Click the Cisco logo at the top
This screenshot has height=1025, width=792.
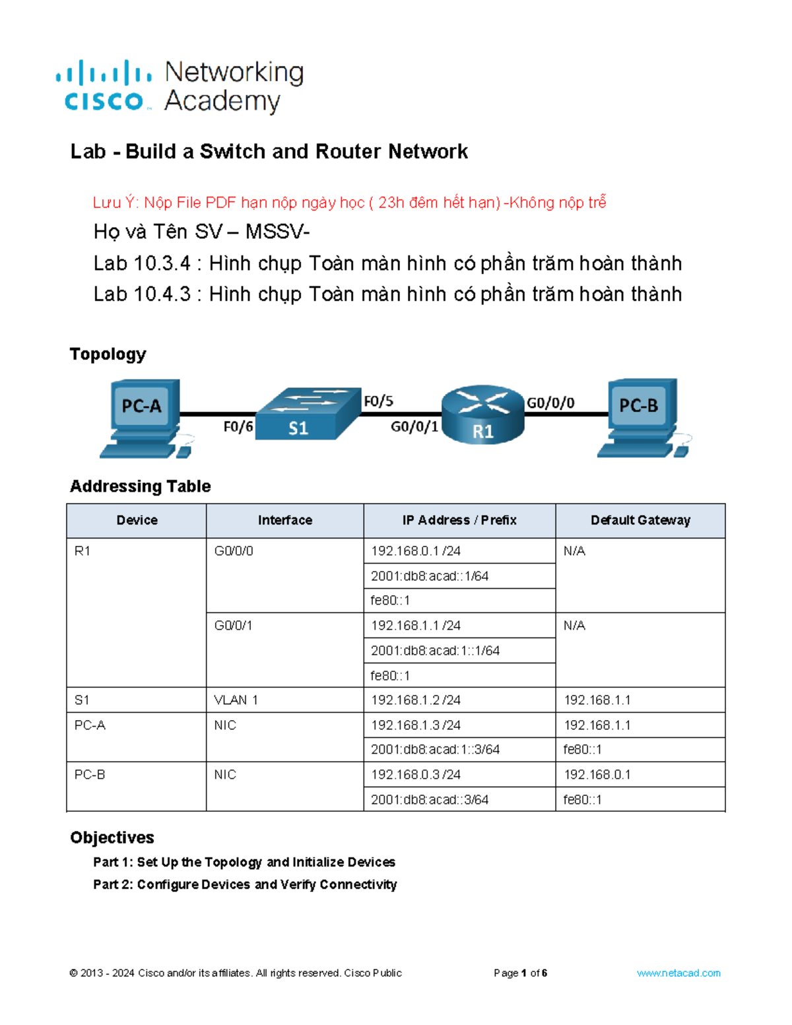[104, 86]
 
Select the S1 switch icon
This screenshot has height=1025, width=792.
[307, 414]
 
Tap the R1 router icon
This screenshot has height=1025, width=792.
[483, 414]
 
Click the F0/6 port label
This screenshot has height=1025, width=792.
[238, 427]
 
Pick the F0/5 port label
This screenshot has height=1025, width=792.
[378, 401]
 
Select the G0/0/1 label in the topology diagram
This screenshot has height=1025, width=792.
[414, 427]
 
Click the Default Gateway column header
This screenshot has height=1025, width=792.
[640, 520]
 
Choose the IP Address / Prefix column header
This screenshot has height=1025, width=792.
[459, 520]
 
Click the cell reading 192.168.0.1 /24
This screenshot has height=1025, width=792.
[416, 551]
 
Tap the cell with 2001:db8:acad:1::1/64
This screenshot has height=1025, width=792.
[435, 651]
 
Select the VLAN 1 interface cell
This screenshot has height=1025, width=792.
[236, 700]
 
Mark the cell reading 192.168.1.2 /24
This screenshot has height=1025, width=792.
[416, 700]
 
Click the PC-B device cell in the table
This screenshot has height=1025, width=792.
[90, 775]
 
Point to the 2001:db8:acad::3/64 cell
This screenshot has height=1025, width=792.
[430, 800]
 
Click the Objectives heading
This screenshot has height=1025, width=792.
[112, 838]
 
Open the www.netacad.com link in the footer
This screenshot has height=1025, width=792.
[678, 973]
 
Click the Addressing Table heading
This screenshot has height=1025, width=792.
[141, 486]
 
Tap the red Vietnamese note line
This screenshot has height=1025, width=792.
[349, 203]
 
